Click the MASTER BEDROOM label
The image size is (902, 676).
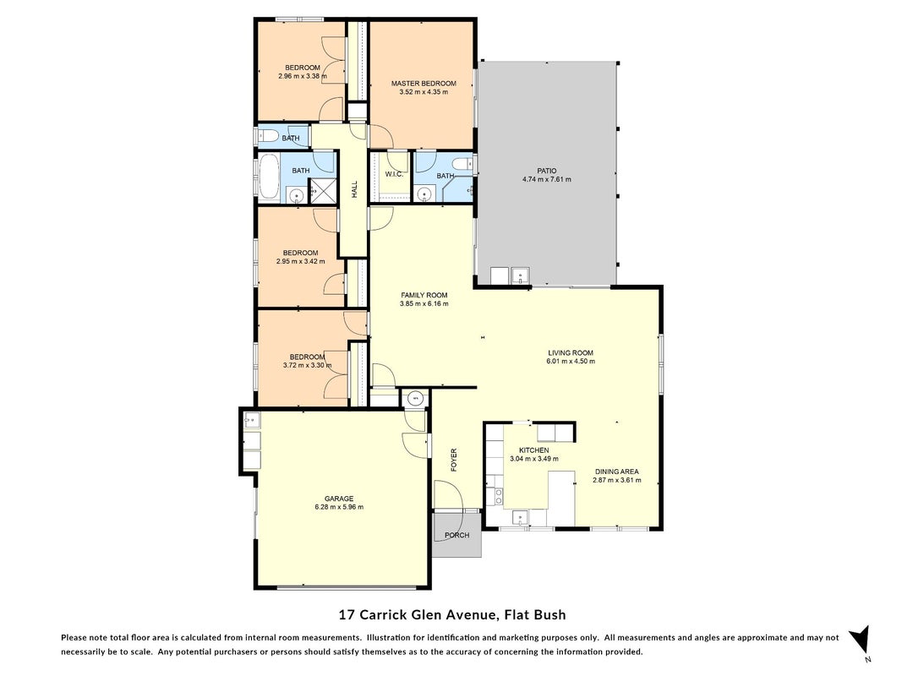tap(424, 84)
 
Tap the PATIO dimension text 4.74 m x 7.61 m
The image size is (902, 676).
tap(546, 179)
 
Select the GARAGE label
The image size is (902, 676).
tap(339, 499)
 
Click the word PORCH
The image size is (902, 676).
tap(456, 535)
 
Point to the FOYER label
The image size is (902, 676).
tap(453, 460)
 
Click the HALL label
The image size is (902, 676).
tap(354, 189)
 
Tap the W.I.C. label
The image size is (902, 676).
tap(393, 174)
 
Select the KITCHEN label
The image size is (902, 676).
tap(533, 450)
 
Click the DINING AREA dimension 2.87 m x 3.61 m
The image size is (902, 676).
tap(616, 480)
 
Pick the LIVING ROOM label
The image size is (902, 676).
tap(570, 353)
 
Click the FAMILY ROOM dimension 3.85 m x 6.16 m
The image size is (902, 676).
tap(424, 303)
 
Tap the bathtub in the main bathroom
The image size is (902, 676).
tap(268, 176)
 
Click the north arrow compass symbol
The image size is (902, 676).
tap(861, 639)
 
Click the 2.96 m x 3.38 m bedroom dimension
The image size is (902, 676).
tap(303, 76)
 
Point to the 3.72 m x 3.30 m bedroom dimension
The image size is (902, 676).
tap(307, 365)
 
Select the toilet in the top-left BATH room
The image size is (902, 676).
tap(269, 137)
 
